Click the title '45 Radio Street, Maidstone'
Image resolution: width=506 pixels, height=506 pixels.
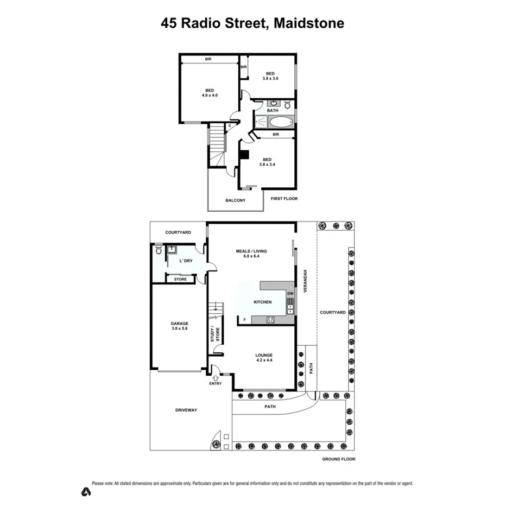point(252,23)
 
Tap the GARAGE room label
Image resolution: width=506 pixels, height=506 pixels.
point(180,324)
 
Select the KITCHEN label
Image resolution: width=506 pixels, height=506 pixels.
point(262,302)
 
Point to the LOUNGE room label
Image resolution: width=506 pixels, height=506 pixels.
point(264,355)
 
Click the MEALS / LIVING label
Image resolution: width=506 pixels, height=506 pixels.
point(252,251)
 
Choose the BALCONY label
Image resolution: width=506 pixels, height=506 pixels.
point(235,200)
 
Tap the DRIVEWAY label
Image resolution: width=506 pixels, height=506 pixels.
point(186,410)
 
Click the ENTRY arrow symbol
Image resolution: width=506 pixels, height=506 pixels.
point(216,377)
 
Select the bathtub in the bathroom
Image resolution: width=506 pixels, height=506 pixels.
point(281,122)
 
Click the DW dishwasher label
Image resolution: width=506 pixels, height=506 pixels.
point(290,294)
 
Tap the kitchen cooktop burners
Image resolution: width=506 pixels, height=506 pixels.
point(270,320)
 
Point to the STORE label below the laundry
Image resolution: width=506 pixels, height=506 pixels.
point(180,279)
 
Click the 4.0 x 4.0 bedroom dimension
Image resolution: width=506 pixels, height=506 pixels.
point(210,96)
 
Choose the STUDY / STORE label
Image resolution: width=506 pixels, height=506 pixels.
point(214,334)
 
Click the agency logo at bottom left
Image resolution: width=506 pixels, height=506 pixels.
point(85,492)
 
